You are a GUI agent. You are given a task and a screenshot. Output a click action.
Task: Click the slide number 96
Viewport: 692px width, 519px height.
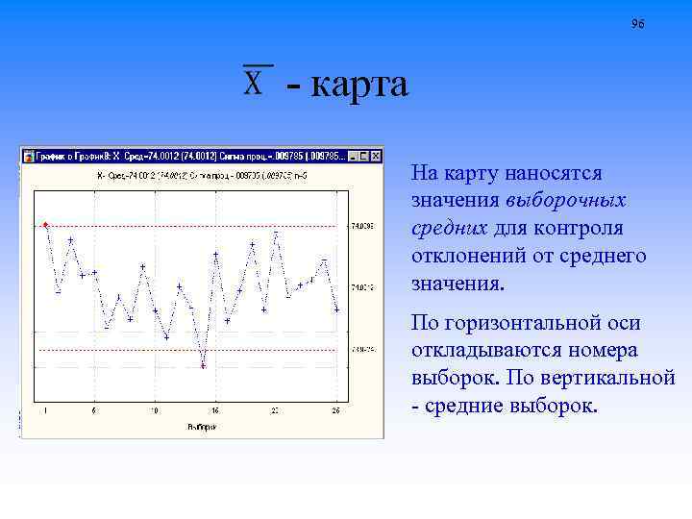coord(638,23)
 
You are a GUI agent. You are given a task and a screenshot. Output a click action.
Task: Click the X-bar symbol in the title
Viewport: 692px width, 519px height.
coord(256,82)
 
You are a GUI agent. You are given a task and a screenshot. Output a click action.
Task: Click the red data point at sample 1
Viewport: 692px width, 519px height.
coord(45,225)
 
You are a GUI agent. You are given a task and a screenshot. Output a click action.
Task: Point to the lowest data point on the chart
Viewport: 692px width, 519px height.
coord(203,366)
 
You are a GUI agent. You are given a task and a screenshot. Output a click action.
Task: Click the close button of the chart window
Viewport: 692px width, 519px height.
coord(376,156)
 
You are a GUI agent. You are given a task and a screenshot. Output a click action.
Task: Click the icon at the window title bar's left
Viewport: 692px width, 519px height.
coord(28,156)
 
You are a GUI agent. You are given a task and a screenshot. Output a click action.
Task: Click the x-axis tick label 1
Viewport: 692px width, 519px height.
coord(46,411)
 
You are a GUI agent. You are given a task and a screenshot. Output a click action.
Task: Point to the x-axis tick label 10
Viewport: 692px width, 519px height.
coord(154,411)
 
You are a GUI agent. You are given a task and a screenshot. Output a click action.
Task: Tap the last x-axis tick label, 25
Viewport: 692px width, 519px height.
coord(335,411)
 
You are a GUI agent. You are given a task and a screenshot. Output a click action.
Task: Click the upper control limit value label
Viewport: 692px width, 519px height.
coord(362,226)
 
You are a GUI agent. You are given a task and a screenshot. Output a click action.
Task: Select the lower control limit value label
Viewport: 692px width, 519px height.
coord(362,350)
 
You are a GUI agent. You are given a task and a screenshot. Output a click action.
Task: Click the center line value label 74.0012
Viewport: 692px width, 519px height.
coord(362,287)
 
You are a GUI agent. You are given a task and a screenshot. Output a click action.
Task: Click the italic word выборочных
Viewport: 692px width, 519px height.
coord(565,201)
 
